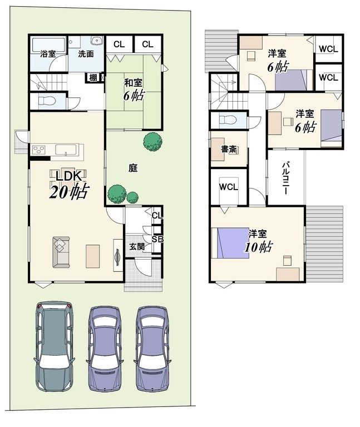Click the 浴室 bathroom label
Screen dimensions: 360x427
[x=48, y=54]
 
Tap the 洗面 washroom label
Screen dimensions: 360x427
[x=86, y=54]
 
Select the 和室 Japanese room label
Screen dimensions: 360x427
[x=133, y=83]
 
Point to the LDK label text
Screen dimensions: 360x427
[x=68, y=176]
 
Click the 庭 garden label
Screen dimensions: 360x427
[x=133, y=168]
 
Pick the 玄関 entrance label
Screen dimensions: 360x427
[x=137, y=247]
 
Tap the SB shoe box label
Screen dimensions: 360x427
[x=157, y=239]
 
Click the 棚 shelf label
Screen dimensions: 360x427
[x=93, y=78]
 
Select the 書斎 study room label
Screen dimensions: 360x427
[x=229, y=149]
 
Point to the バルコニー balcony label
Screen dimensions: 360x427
[x=285, y=178]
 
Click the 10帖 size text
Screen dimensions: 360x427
[x=258, y=247]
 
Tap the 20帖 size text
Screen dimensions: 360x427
[x=69, y=192]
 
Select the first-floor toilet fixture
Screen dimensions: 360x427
[x=47, y=101]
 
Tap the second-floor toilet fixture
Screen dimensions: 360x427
[x=228, y=120]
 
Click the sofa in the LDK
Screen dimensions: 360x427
[x=61, y=252]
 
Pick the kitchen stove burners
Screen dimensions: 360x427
[x=38, y=150]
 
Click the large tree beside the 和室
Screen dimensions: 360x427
[x=152, y=141]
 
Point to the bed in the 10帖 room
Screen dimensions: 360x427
[x=230, y=243]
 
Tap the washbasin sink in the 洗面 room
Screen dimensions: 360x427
[x=97, y=41]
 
